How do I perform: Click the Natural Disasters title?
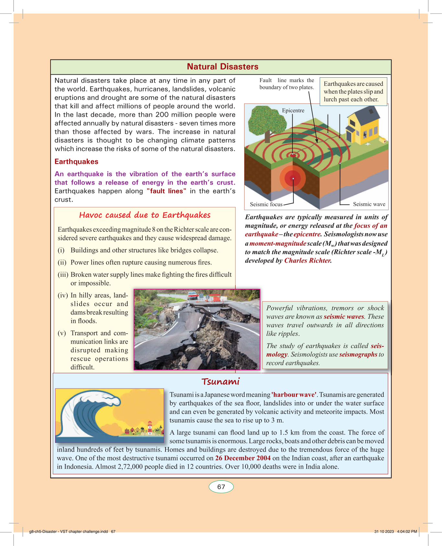(x=222, y=67)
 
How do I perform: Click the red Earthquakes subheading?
(x=76, y=162)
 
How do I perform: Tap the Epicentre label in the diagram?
(x=293, y=111)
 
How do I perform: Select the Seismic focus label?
(x=266, y=204)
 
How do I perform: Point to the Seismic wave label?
(x=369, y=204)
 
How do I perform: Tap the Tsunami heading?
(x=221, y=382)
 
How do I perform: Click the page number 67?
(x=221, y=487)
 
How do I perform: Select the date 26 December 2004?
(x=243, y=458)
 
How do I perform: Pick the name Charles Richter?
(x=307, y=261)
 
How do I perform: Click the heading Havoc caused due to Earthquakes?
(x=145, y=215)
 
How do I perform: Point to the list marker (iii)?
(x=63, y=275)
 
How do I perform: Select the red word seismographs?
(x=358, y=354)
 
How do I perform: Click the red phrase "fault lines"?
(x=166, y=191)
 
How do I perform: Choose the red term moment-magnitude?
(x=278, y=243)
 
